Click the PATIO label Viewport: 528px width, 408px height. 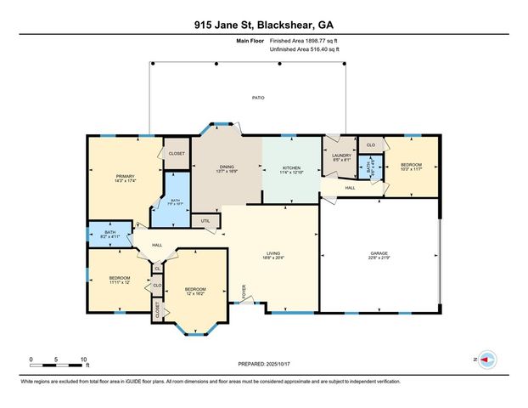click(258, 99)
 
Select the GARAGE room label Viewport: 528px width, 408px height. click(379, 253)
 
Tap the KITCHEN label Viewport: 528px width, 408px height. click(291, 168)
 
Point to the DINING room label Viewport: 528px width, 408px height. click(227, 168)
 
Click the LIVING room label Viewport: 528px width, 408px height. click(273, 252)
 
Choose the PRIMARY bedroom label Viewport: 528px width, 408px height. click(126, 176)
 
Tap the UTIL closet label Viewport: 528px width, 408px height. click(205, 221)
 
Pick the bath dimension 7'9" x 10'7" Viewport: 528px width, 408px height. click(176, 204)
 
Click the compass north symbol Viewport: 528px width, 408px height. click(486, 360)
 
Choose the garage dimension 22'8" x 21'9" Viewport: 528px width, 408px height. click(379, 258)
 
